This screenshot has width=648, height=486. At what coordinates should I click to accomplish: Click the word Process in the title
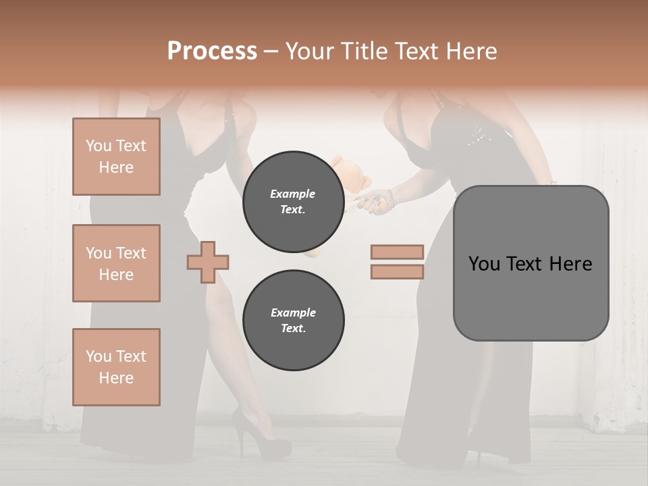212,51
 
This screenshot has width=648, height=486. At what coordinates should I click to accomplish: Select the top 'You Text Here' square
116,157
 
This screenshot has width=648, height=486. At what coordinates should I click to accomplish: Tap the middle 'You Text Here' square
116,263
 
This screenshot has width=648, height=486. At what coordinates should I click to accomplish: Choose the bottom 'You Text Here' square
116,367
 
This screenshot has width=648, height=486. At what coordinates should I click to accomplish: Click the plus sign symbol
208,262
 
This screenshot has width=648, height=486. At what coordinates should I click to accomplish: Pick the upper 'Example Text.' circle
293,202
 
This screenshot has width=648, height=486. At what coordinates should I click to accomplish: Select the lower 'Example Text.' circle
293,321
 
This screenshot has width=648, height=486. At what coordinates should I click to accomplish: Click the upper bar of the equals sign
398,252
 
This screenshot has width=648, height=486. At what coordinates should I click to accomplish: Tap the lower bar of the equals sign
398,271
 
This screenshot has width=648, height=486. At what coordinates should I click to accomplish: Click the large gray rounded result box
531,263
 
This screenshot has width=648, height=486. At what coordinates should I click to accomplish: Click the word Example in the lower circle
293,313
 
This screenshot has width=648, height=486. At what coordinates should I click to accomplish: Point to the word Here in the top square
116,167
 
